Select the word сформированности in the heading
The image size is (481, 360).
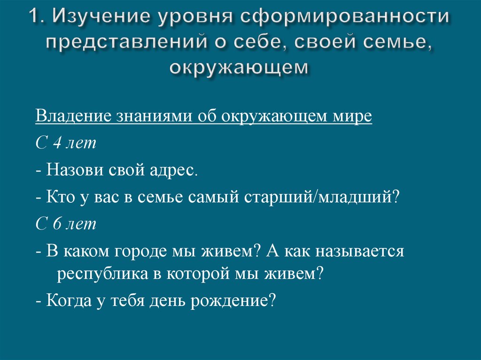pyautogui.click(x=346, y=18)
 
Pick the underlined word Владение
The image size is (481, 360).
pyautogui.click(x=71, y=116)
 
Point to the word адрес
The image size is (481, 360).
pyautogui.click(x=178, y=169)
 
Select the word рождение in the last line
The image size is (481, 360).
pyautogui.click(x=233, y=300)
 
